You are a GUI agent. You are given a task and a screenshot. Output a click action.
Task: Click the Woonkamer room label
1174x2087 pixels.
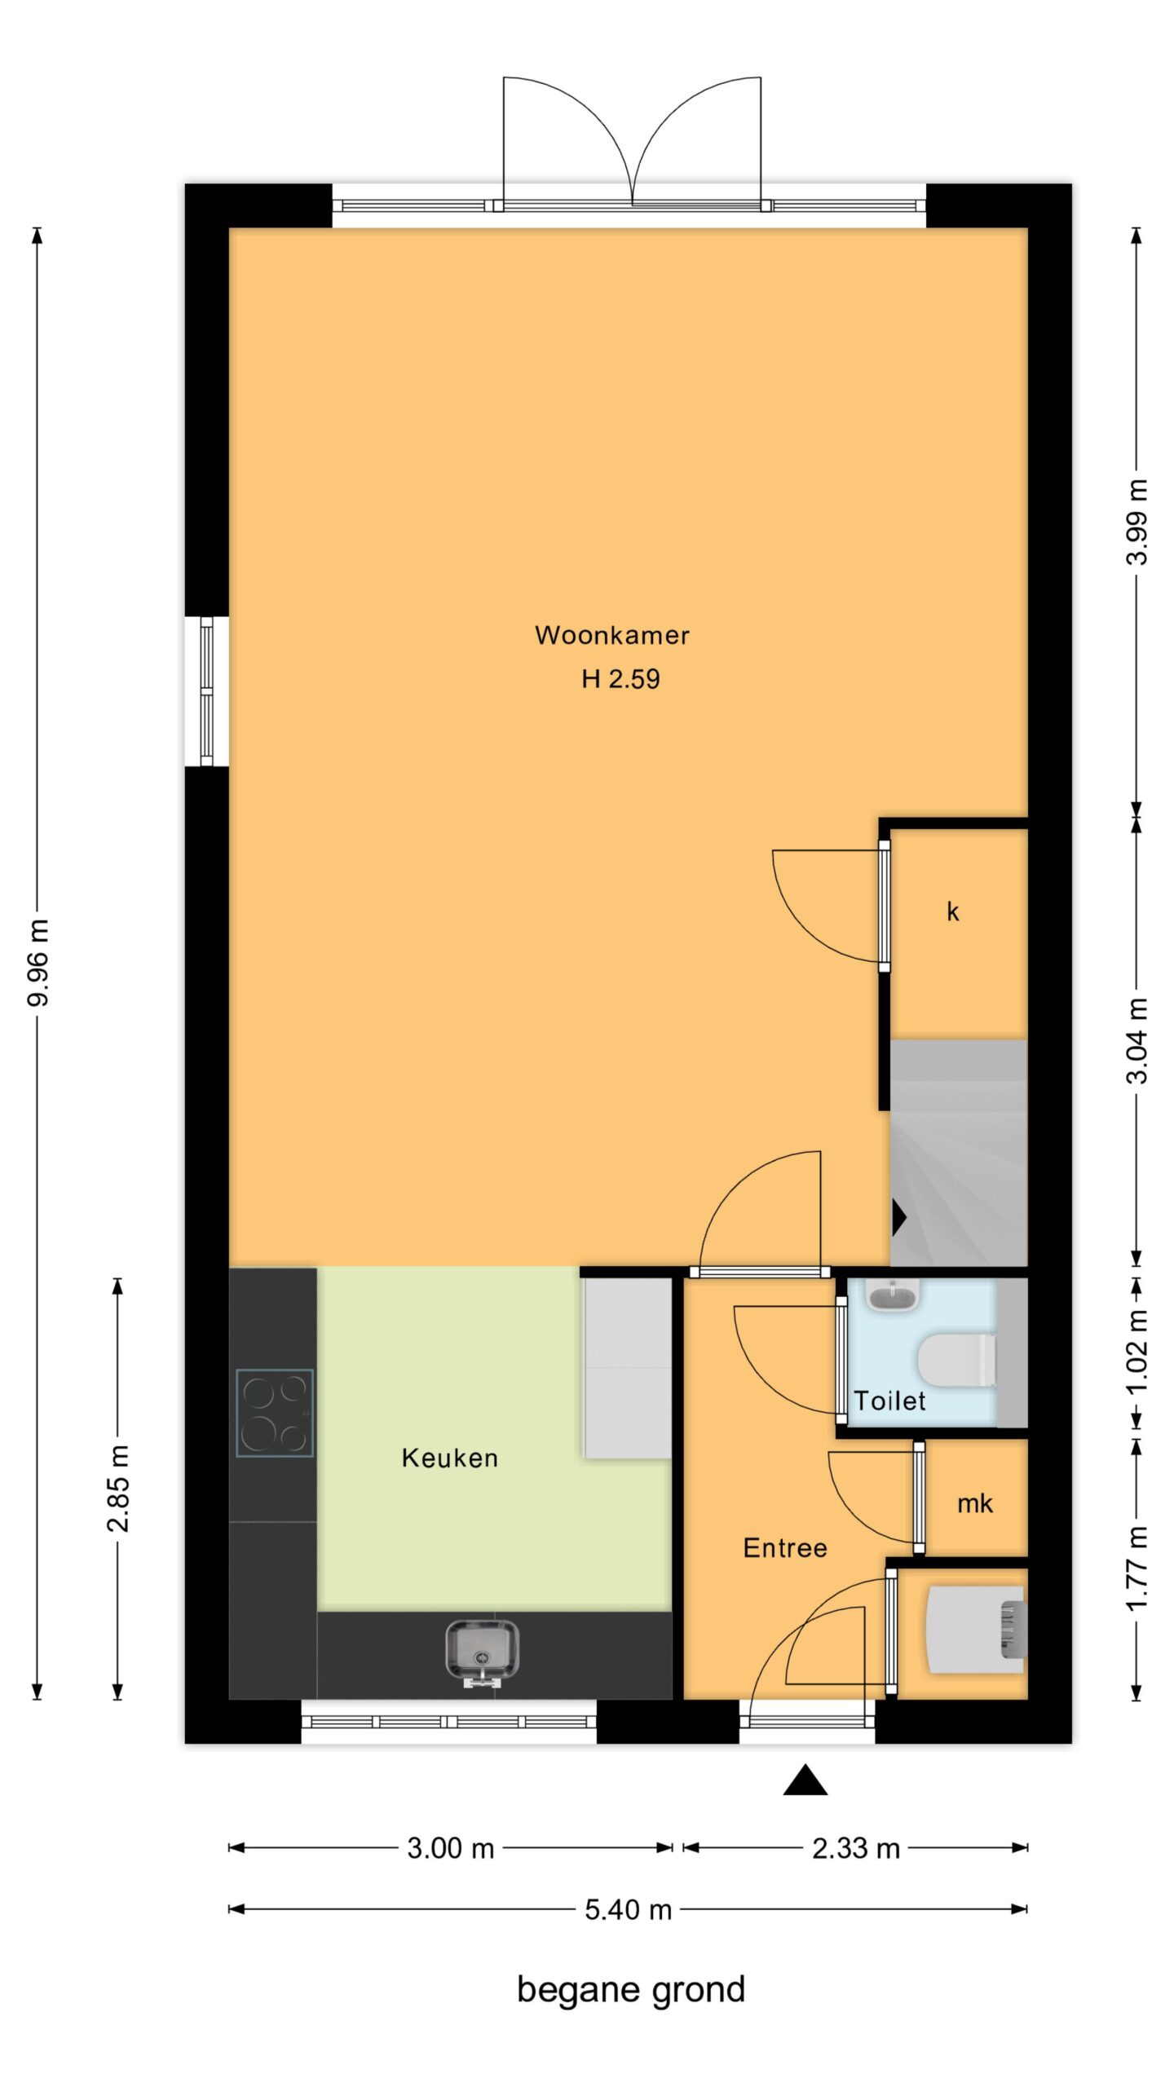611,635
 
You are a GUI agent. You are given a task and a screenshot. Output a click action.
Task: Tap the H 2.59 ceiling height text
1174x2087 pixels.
620,678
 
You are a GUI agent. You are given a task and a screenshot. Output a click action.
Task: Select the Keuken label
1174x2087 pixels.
449,1458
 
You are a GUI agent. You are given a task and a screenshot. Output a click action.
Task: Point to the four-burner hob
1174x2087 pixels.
275,1413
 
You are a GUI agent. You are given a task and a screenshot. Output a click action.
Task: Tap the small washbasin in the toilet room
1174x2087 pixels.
893,1294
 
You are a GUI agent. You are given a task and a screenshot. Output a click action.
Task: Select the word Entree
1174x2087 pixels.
785,1548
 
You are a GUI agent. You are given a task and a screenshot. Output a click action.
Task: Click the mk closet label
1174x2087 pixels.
975,1503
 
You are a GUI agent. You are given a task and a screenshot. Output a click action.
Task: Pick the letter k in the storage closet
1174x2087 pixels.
952,911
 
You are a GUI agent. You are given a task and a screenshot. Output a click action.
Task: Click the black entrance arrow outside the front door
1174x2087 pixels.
805,1780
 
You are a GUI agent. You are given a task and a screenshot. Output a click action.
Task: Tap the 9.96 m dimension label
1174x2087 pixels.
38,962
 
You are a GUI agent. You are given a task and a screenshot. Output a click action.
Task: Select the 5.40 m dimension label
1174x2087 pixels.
628,1910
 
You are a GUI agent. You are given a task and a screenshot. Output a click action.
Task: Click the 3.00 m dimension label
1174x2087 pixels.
451,1848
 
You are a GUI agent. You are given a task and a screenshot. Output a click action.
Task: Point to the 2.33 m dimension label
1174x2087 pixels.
856,1848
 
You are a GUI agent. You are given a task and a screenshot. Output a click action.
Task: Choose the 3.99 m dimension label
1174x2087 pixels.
1136,522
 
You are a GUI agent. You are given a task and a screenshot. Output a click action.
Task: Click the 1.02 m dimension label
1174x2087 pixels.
1136,1353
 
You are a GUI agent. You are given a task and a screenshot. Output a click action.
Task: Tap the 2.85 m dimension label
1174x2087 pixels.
118,1489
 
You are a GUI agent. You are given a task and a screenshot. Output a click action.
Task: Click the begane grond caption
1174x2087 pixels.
631,1991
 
